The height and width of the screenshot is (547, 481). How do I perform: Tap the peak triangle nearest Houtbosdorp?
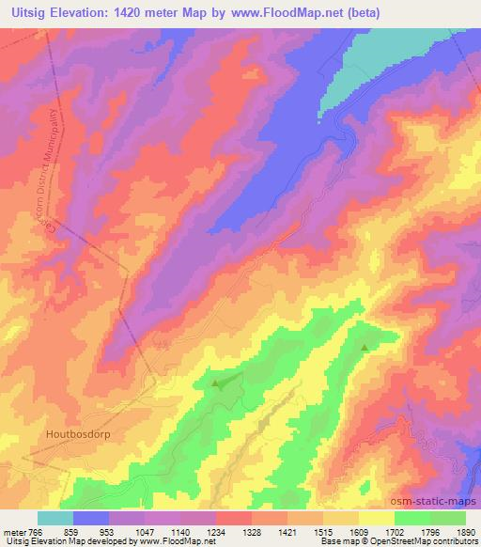pos(215,383)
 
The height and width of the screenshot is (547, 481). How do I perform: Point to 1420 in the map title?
pos(155,12)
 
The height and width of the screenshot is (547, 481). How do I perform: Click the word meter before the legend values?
pos(13,531)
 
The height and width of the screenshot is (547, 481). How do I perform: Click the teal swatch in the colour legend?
pos(55,518)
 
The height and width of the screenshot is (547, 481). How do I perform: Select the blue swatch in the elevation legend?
pos(91,518)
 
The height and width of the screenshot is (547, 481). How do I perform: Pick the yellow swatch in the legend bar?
pos(376,518)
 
